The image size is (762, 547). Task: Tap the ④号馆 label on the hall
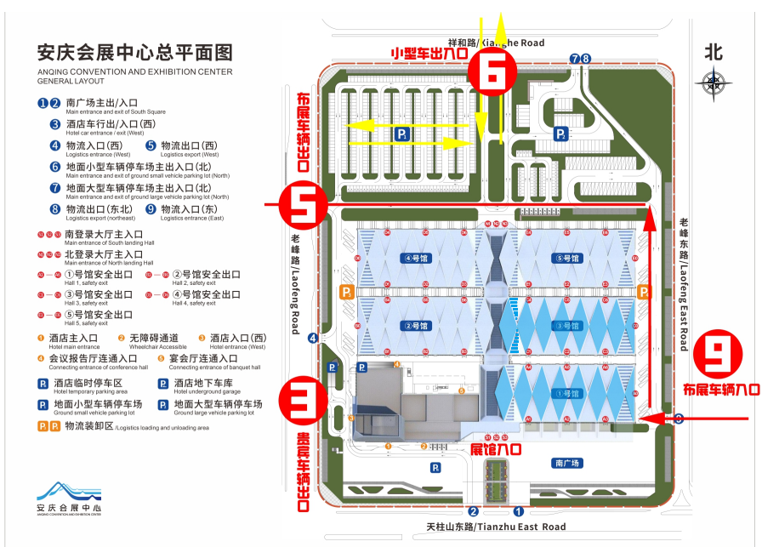click(x=418, y=258)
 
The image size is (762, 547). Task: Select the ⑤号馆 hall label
click(x=566, y=258)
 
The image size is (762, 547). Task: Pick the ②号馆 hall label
click(x=418, y=325)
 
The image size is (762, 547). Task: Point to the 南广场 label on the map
click(x=566, y=464)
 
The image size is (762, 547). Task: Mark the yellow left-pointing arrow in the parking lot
click(x=408, y=125)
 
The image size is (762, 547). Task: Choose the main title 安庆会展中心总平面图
click(x=135, y=52)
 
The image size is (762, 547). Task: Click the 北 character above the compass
click(x=714, y=52)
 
